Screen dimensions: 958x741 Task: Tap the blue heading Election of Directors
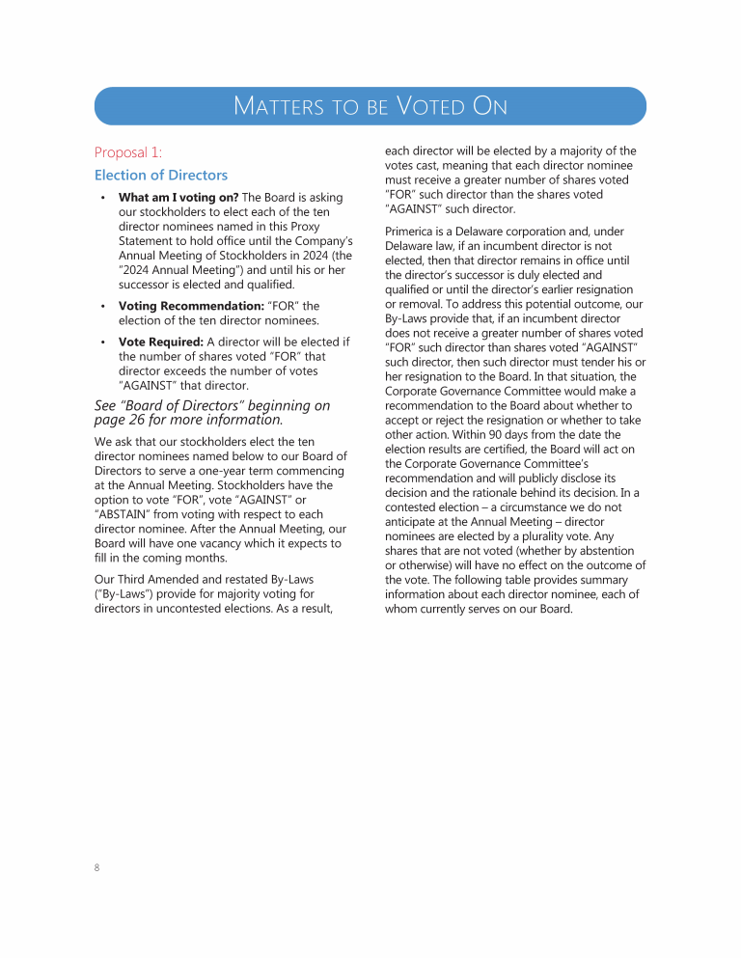point(161,175)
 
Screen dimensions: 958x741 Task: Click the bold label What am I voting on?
point(178,198)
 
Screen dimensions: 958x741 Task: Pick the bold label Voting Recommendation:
point(191,306)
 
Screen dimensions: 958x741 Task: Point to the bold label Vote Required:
point(161,342)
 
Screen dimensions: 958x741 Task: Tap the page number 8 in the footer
point(97,867)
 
